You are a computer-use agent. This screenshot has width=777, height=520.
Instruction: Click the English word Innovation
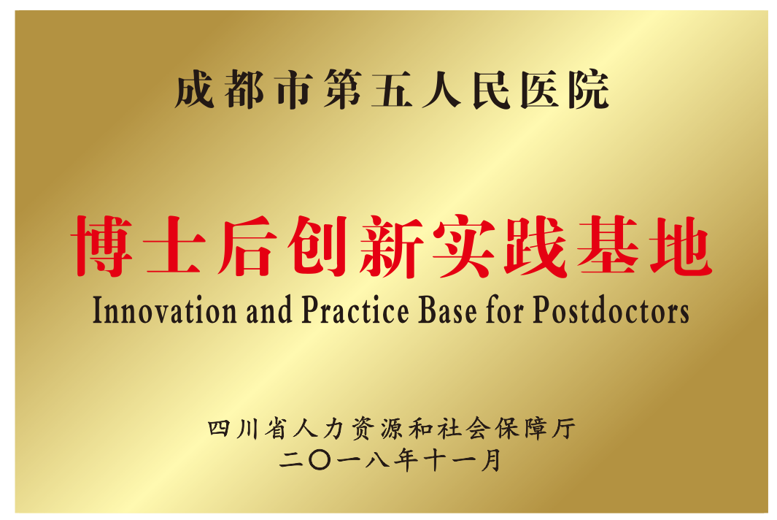164,310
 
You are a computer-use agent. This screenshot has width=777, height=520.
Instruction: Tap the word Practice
355,310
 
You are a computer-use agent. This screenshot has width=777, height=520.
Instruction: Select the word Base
447,310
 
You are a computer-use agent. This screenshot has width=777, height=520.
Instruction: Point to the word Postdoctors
611,310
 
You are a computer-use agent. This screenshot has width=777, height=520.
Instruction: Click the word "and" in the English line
269,310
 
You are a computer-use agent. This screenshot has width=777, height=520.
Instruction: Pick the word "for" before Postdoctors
504,310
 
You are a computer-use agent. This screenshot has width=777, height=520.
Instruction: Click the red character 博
103,246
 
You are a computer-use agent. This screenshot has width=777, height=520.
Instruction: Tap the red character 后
247,246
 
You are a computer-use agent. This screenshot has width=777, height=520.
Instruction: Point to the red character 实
464,246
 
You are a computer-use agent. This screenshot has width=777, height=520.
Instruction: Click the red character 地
681,246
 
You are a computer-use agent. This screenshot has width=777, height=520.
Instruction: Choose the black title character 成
194,90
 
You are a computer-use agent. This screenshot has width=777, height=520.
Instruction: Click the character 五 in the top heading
392,90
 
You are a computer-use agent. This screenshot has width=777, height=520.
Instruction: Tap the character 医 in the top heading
540,90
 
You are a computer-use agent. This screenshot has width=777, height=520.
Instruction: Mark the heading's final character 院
589,90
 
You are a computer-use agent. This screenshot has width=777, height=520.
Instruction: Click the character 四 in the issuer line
219,428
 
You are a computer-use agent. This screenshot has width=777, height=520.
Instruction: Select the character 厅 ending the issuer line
564,428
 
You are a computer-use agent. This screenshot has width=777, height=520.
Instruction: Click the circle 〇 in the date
320,460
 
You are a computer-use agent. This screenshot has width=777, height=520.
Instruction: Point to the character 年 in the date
406,460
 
